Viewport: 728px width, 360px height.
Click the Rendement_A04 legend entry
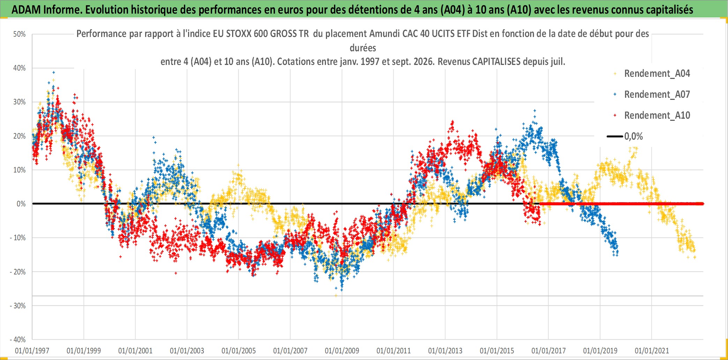click(x=652, y=74)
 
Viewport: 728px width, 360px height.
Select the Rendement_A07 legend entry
click(x=652, y=95)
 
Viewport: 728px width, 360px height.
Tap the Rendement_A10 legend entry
click(x=652, y=116)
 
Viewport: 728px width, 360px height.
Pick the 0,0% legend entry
click(x=625, y=136)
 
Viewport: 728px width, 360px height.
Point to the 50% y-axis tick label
click(x=20, y=34)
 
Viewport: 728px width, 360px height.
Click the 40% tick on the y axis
click(x=20, y=68)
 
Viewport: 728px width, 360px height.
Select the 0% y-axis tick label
click(x=21, y=204)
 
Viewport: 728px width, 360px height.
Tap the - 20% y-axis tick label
click(x=18, y=272)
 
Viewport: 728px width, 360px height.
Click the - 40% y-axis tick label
click(x=18, y=340)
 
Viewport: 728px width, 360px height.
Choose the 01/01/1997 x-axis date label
click(x=32, y=351)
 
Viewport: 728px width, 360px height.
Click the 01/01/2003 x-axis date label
click(x=187, y=351)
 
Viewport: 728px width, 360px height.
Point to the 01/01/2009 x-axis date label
click(x=342, y=351)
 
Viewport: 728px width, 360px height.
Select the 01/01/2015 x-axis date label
click(x=497, y=351)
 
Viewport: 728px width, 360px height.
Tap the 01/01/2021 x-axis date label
click(x=652, y=351)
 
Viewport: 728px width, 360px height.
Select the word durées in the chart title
click(x=363, y=48)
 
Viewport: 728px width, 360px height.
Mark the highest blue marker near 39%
click(x=53, y=73)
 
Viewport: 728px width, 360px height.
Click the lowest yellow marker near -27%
click(x=336, y=295)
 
